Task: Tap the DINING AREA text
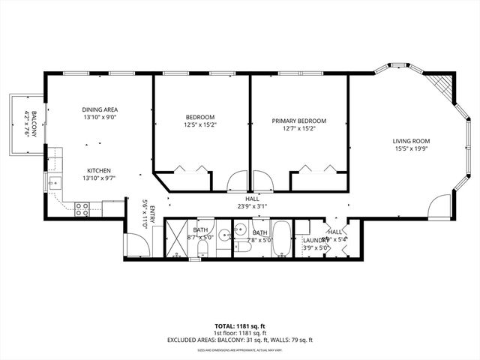(99, 109)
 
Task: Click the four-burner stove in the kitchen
(82, 209)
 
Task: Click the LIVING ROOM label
(410, 141)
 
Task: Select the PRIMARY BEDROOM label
(298, 121)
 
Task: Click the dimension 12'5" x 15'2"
(200, 126)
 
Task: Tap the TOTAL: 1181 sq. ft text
(239, 325)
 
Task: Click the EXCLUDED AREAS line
(239, 340)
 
